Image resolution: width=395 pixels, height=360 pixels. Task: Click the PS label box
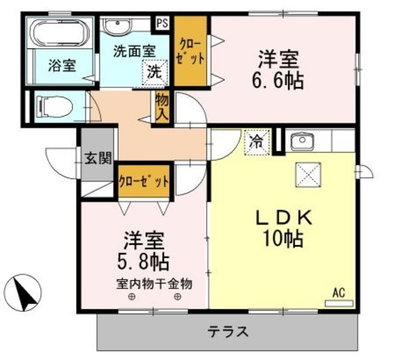coord(162,24)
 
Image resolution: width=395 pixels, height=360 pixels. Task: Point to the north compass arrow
coord(25,293)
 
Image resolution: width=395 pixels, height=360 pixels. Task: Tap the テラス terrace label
coord(227,331)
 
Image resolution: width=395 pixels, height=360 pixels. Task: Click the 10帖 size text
coord(285,238)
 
